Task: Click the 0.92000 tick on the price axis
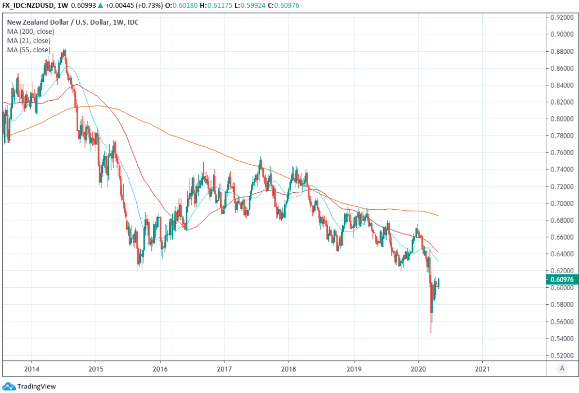562,17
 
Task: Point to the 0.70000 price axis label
562,204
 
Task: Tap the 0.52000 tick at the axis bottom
562,355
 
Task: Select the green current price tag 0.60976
562,279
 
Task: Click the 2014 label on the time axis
32,369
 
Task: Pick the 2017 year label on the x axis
225,369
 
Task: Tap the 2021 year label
482,369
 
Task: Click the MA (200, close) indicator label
31,31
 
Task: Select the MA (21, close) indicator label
29,40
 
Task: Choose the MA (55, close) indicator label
29,50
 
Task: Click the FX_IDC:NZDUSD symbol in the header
27,5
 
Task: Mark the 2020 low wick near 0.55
431,331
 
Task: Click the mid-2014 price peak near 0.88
65,50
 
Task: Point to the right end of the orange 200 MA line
438,215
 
